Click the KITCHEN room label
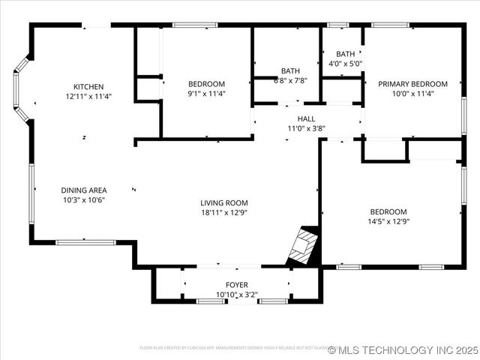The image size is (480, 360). point(88,87)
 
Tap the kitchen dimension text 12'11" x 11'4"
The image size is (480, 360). point(88,97)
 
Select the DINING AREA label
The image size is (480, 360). point(83,190)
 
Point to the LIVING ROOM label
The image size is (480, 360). point(223,202)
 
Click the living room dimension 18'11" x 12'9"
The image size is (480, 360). point(223,212)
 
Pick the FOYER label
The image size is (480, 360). point(237,285)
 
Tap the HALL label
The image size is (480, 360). point(306,118)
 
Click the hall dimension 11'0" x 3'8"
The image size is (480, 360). point(306,128)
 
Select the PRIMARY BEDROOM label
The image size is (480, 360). point(412,84)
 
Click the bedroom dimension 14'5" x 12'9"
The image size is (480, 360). point(388,221)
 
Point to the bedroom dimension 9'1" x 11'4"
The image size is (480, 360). point(206,94)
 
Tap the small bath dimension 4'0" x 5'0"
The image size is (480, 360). point(345,64)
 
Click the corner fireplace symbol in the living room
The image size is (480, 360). point(304,247)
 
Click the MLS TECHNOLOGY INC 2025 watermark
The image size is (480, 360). point(402,350)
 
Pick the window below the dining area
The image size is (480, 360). point(86,242)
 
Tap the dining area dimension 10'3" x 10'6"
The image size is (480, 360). point(83,200)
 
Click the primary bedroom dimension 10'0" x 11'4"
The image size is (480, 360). point(412,94)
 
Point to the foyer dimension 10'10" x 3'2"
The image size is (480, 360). point(237,295)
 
